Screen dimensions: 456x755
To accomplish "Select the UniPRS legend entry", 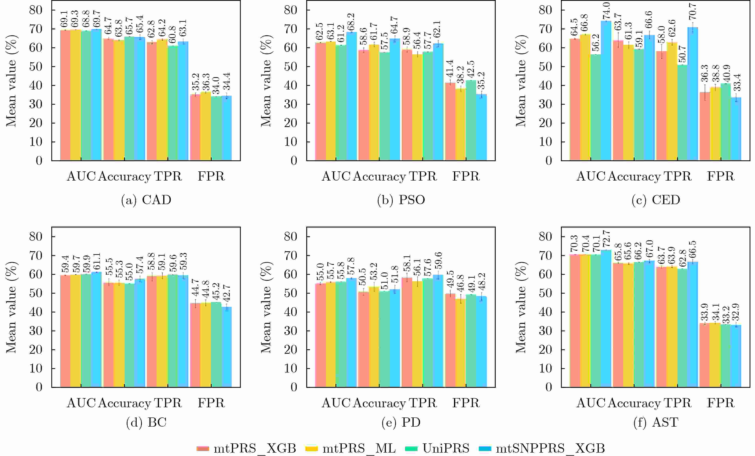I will click(446, 448).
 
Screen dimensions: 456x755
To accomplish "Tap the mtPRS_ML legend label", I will click(359, 448).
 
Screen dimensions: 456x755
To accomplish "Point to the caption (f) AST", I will click(656, 422).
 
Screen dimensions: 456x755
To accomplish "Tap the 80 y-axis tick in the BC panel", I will click(36, 236).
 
